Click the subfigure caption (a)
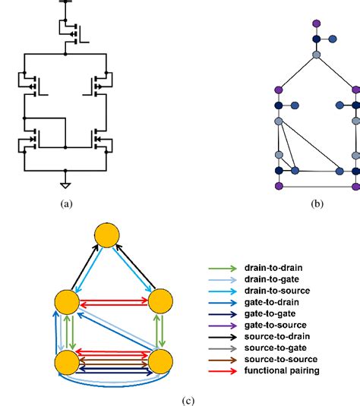(66, 204)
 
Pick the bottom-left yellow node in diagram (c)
(66, 360)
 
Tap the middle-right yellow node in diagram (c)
(162, 301)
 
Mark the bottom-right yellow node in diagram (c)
(162, 360)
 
